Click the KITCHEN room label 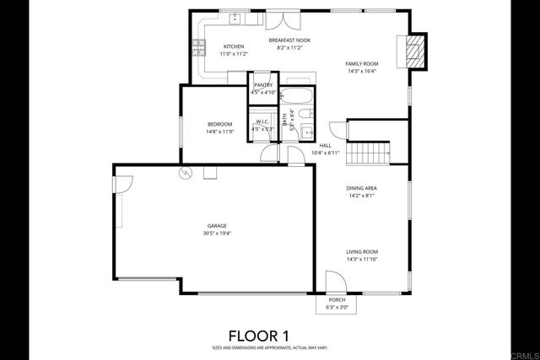point(234,46)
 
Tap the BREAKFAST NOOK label point(289,40)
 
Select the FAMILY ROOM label point(361,64)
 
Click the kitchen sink point(235,17)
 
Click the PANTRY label point(263,85)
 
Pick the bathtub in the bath point(296,95)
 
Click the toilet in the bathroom point(308,114)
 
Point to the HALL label point(325,145)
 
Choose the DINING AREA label point(360,188)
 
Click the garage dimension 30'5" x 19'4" point(219,234)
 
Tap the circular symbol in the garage point(184,173)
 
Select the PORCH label point(337,300)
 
